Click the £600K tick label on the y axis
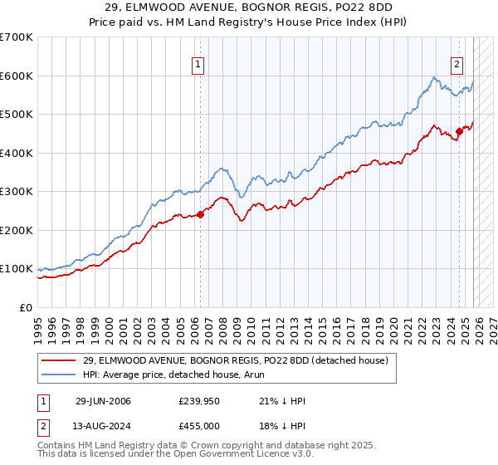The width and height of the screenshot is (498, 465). click(x=16, y=76)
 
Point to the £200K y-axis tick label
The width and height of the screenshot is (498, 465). click(x=16, y=230)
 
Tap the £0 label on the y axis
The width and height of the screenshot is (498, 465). click(x=25, y=307)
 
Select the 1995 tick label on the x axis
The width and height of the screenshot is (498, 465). click(x=38, y=324)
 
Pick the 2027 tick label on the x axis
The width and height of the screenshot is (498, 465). click(x=491, y=324)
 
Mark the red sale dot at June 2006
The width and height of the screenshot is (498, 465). click(x=200, y=215)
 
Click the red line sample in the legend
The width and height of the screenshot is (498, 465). click(x=58, y=360)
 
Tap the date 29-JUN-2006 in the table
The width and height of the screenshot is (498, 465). click(x=103, y=401)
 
